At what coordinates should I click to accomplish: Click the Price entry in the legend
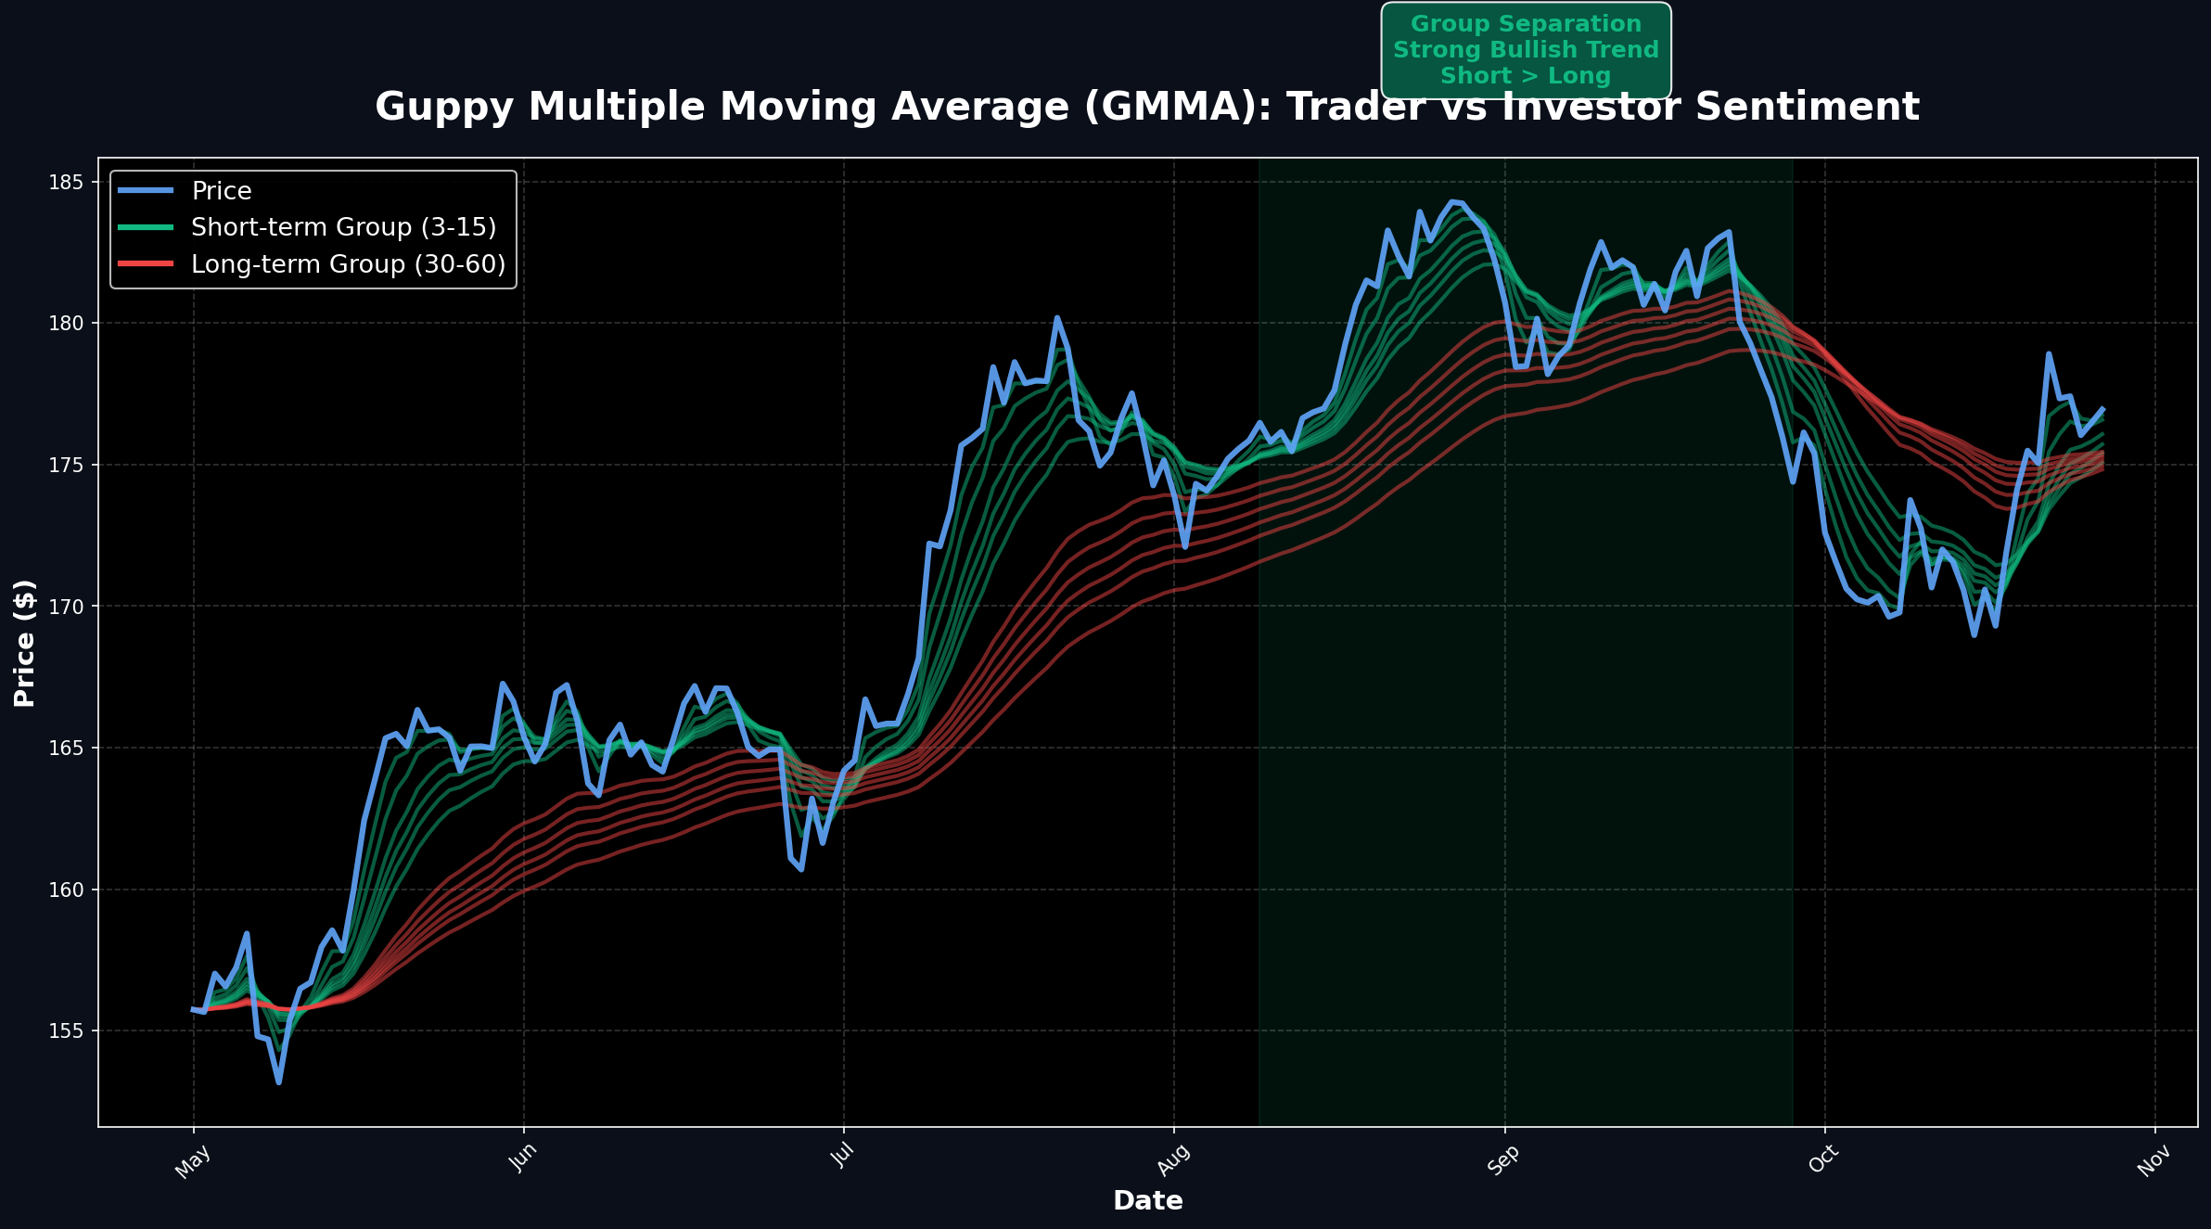tap(221, 191)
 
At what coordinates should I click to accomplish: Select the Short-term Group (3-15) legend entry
tap(343, 227)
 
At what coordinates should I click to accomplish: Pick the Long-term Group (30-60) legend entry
tap(348, 264)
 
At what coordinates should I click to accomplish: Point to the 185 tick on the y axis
tap(66, 182)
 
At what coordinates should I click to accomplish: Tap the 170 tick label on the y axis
tap(66, 607)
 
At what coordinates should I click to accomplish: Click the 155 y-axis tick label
tap(66, 1031)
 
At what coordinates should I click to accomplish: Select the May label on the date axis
tap(194, 1160)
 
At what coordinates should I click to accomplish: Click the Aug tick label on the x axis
tap(1174, 1160)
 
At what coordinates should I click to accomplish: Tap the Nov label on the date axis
tap(2153, 1160)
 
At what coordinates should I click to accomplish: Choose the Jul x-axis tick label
tap(842, 1156)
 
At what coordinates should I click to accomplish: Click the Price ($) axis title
tap(25, 643)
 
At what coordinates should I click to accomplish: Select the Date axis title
tap(1147, 1201)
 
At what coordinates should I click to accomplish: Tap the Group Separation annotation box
tap(1526, 50)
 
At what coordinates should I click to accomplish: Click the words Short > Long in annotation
tap(1526, 76)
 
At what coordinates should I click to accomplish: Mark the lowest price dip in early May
tap(278, 1082)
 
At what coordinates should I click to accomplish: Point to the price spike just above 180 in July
tap(1056, 318)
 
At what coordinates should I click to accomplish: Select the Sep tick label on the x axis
tap(1503, 1160)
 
